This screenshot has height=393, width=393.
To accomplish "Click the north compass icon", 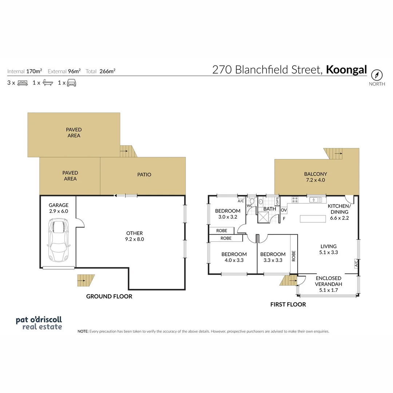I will [377, 75].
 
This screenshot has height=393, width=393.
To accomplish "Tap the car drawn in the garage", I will [59, 240].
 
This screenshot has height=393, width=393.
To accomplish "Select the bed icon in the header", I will [23, 83].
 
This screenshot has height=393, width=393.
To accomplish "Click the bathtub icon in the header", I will [48, 83].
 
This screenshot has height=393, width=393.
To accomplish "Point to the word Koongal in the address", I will [346, 70].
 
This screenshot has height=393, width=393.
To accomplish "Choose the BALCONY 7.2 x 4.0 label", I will [315, 177].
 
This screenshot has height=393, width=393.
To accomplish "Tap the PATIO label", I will [144, 175].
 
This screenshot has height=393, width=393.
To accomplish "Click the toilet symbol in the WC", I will [252, 201].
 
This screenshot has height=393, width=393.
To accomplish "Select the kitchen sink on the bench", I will [315, 199].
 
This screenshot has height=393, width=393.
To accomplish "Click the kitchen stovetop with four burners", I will [295, 199].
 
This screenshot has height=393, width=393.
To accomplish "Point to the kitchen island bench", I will [313, 218].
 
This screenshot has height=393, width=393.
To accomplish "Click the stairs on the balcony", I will [335, 154].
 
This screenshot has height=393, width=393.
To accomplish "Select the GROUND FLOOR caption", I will [109, 296].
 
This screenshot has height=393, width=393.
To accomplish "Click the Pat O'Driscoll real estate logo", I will [39, 323].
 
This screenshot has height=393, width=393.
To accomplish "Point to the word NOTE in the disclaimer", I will [83, 332].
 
